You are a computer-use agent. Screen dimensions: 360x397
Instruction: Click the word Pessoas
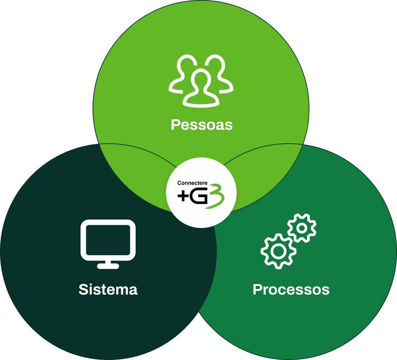pyautogui.click(x=202, y=125)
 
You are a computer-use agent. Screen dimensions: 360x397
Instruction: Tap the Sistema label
pyautogui.click(x=108, y=289)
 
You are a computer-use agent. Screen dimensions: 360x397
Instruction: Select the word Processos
pyautogui.click(x=291, y=289)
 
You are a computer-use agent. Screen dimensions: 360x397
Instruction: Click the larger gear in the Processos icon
pyautogui.click(x=278, y=251)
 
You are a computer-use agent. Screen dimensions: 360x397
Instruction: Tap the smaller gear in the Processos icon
pyautogui.click(x=302, y=228)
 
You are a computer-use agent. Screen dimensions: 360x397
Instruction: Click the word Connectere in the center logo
pyautogui.click(x=192, y=183)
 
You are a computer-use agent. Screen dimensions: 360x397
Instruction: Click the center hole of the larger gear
pyautogui.click(x=278, y=251)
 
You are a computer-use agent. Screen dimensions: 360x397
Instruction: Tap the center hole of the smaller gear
pyautogui.click(x=302, y=228)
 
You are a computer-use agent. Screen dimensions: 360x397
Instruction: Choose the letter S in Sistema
pyautogui.click(x=83, y=289)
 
